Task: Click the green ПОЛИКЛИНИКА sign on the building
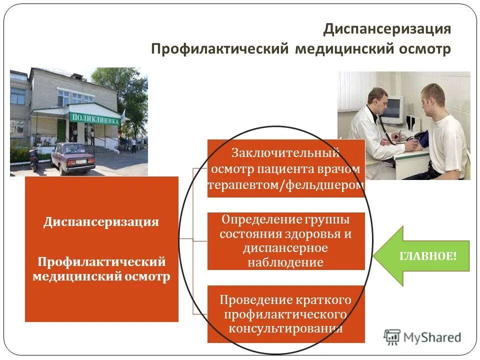95,118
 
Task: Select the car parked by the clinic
72,157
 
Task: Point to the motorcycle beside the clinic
34,158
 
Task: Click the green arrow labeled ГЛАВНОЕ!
421,256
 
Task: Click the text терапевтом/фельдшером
285,185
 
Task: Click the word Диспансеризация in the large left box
101,222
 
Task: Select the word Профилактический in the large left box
102,261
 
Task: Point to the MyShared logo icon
392,337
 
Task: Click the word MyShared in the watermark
432,338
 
